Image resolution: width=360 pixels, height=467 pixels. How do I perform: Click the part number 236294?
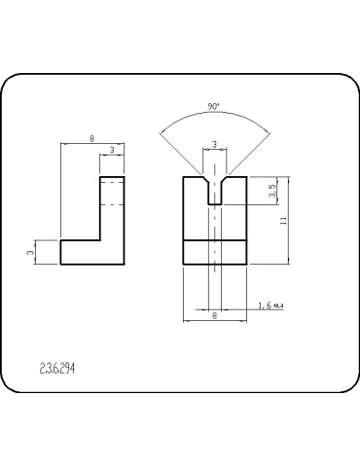(57, 369)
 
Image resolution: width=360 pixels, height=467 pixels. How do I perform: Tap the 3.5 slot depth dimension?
(272, 192)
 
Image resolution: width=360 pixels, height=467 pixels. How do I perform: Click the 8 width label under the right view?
(214, 315)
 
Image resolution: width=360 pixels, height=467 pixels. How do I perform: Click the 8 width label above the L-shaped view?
(91, 140)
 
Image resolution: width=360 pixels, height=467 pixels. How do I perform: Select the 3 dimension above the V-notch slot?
(214, 145)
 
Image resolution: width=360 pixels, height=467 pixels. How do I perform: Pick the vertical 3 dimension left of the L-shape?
(30, 252)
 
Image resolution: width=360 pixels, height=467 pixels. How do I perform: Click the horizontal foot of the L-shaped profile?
(91, 252)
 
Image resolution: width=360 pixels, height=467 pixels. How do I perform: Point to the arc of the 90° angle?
(214, 115)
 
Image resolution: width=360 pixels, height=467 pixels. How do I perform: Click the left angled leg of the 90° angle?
(185, 150)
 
